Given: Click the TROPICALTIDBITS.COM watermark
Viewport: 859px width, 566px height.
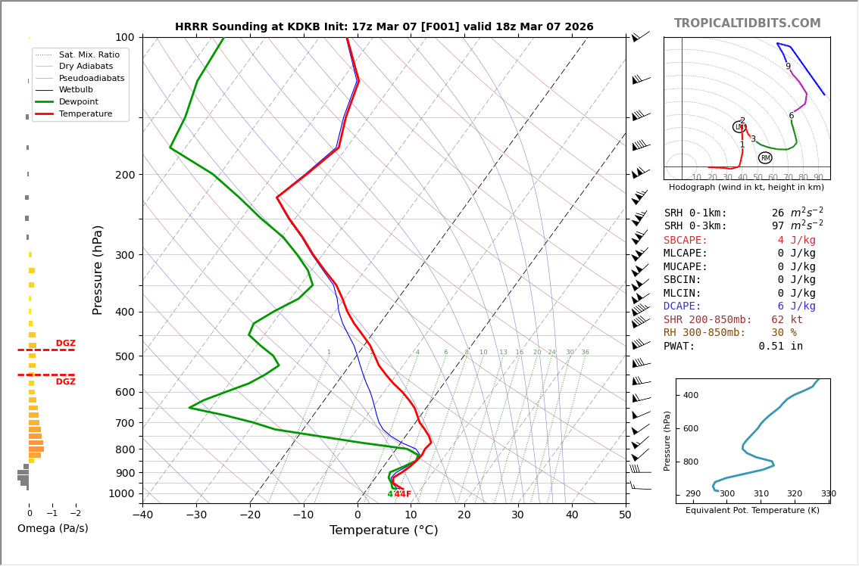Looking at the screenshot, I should (x=747, y=23).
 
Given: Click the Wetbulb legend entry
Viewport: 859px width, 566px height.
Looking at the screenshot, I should (x=81, y=89).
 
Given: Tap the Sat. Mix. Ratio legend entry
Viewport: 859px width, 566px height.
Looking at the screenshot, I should (x=89, y=54).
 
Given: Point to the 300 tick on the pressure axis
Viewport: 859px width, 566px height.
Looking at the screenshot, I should (x=124, y=255).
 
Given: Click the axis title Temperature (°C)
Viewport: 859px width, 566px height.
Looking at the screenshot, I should (x=383, y=530).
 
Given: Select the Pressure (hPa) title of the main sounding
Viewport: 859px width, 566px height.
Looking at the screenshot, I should (x=98, y=269).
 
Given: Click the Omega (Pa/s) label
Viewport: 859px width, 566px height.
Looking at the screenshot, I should (x=52, y=528).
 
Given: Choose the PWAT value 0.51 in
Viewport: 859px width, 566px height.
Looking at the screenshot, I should (x=780, y=347).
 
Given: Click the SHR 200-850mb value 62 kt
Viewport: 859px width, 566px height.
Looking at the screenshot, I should (x=787, y=320).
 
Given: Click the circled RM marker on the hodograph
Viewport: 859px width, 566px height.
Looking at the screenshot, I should (x=765, y=157).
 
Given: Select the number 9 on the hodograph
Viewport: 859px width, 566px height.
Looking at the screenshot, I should (x=788, y=67).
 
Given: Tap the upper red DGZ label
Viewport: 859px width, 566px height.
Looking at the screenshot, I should (x=66, y=344).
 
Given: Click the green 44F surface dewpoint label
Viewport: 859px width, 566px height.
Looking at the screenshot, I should (x=394, y=494).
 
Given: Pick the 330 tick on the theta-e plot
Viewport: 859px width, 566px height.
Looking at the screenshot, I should (x=829, y=494).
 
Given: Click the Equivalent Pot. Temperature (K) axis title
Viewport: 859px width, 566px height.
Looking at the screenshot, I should (x=752, y=511).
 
